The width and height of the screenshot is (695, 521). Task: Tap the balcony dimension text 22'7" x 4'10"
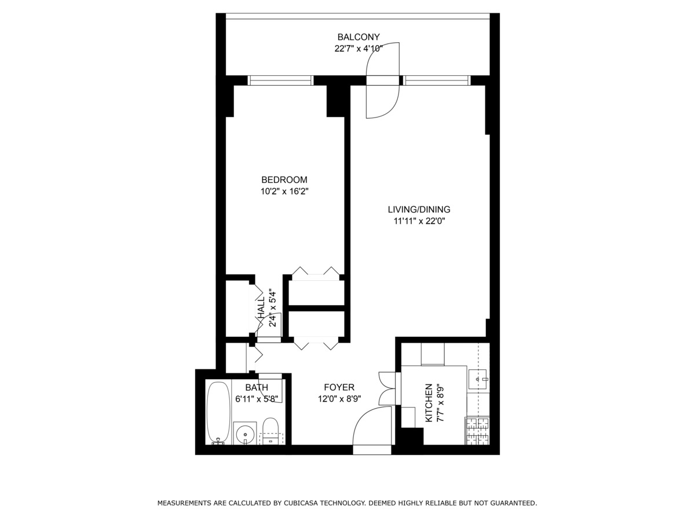coord(359,49)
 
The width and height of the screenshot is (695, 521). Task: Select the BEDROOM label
coord(284,179)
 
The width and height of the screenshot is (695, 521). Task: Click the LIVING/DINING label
coord(419,210)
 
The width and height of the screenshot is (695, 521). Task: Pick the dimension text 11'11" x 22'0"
coord(419,221)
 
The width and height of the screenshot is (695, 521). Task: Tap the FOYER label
coord(339,387)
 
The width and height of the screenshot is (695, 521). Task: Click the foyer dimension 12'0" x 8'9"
coord(339,398)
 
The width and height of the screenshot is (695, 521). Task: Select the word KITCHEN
coord(429,402)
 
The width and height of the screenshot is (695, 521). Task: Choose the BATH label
coord(257,387)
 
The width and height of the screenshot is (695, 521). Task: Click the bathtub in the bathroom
coord(218,413)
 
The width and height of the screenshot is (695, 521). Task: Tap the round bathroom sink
coord(246,432)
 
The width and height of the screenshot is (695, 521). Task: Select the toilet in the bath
coord(270,431)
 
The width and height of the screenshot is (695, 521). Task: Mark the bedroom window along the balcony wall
coord(280,80)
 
